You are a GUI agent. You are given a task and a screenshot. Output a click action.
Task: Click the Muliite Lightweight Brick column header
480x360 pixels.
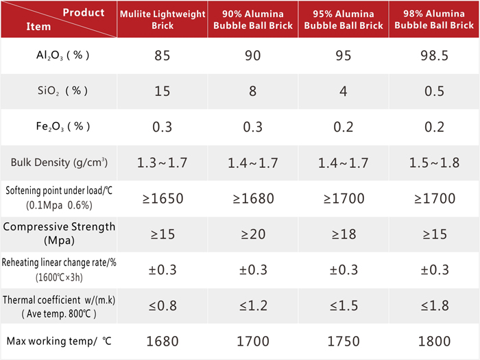[163, 20]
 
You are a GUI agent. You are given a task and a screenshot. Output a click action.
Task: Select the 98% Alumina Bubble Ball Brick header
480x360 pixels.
[434, 19]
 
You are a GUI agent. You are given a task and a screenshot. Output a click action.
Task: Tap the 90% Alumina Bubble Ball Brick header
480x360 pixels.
[253, 20]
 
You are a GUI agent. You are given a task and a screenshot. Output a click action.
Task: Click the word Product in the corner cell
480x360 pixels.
[84, 12]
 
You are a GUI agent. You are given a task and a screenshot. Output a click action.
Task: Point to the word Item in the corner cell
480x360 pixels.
[38, 27]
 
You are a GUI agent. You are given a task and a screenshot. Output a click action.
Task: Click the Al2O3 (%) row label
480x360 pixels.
[63, 56]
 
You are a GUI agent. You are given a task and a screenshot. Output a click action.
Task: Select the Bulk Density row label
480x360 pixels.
[59, 163]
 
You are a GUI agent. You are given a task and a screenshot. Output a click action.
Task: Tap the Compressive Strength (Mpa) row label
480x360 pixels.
[59, 233]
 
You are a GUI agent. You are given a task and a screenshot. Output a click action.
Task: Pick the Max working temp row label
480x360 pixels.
[59, 341]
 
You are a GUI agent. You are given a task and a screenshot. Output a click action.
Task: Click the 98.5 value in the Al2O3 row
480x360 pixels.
[434, 56]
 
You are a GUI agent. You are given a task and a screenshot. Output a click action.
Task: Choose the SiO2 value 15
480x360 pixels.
[163, 91]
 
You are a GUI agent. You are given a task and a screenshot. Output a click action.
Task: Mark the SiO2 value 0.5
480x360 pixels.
[434, 91]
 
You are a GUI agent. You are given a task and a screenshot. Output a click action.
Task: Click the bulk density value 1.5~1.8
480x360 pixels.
[434, 163]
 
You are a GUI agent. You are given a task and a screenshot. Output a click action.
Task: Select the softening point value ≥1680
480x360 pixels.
[253, 198]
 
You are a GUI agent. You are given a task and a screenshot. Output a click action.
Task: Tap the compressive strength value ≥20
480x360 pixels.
[253, 235]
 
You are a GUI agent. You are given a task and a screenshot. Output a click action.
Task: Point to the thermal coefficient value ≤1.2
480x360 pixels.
[253, 306]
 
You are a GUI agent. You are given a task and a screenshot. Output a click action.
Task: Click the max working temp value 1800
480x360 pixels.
[434, 341]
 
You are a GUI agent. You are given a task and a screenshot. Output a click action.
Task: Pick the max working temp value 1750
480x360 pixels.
[344, 341]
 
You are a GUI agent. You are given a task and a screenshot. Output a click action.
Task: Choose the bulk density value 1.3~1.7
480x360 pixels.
[163, 163]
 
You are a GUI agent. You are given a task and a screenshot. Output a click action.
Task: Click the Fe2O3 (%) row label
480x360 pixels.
[63, 126]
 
